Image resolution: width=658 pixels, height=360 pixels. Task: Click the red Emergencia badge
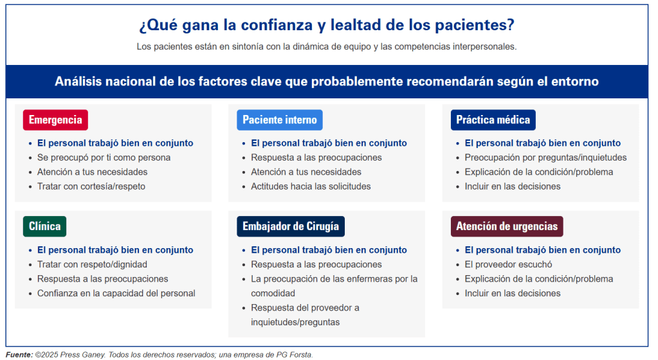[55, 120]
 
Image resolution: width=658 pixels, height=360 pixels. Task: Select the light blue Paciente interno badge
[280, 120]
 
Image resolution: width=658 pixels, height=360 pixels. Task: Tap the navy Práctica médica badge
[493, 120]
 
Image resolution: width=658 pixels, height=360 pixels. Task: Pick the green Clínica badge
[44, 226]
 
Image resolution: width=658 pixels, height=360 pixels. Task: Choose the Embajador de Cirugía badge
[291, 226]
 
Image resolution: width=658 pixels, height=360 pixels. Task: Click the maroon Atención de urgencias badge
[507, 226]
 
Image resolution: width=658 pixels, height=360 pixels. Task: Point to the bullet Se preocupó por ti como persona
[104, 157]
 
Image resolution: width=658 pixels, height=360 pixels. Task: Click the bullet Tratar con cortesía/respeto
[91, 186]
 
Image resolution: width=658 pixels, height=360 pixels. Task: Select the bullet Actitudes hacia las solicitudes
[311, 186]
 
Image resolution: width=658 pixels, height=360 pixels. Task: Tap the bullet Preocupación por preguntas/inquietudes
[545, 157]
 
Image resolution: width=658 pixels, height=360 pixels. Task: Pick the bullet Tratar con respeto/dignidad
[92, 264]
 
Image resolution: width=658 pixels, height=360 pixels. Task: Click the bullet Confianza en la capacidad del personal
[116, 293]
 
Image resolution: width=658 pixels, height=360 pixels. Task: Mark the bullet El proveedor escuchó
[508, 264]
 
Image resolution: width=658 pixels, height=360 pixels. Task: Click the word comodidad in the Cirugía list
[273, 293]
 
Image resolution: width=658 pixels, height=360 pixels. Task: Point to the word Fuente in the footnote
[18, 355]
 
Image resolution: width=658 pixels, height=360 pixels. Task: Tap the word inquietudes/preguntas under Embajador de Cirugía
[295, 322]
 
